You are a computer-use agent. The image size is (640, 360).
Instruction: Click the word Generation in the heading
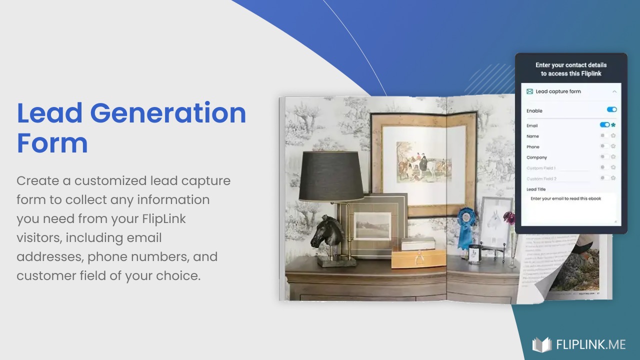tap(168, 113)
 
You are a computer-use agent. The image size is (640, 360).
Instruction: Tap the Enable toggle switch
tap(611, 109)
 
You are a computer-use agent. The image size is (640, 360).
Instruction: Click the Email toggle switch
tap(604, 125)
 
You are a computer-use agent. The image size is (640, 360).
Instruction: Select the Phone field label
tap(533, 147)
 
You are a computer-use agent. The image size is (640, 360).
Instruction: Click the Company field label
tap(536, 157)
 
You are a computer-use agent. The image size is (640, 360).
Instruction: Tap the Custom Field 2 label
tap(541, 178)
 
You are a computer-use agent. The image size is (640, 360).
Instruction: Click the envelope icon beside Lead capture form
tap(529, 91)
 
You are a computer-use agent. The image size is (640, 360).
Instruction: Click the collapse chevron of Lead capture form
tap(614, 91)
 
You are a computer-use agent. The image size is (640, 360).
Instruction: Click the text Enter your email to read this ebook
tap(565, 198)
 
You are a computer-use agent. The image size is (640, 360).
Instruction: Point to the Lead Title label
tap(536, 189)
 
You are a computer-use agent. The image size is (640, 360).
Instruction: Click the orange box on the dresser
tap(418, 258)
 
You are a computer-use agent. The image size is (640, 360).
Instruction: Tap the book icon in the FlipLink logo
tap(541, 344)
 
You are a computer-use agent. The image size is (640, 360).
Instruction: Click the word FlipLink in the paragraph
tap(163, 218)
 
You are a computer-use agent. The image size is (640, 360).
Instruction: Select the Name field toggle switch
tap(604, 135)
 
